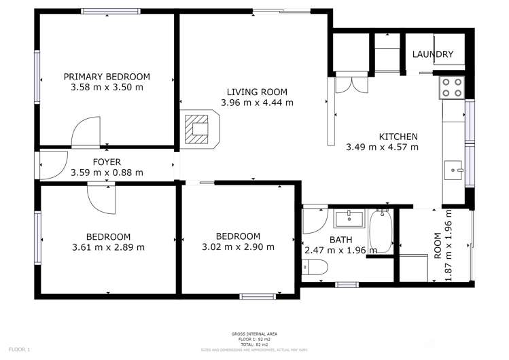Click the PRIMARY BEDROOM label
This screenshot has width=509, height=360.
(x=107, y=77)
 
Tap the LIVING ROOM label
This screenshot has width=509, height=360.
(x=257, y=92)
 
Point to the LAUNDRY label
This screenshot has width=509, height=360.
(x=433, y=54)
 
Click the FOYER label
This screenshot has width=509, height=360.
(x=107, y=162)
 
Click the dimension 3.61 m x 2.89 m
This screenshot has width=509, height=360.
(x=108, y=247)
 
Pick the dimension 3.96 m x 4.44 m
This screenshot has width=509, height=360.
(x=257, y=103)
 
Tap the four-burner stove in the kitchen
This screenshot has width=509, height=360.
(x=452, y=87)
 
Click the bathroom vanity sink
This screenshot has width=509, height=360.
(x=350, y=219)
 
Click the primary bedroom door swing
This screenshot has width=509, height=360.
(x=86, y=133)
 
